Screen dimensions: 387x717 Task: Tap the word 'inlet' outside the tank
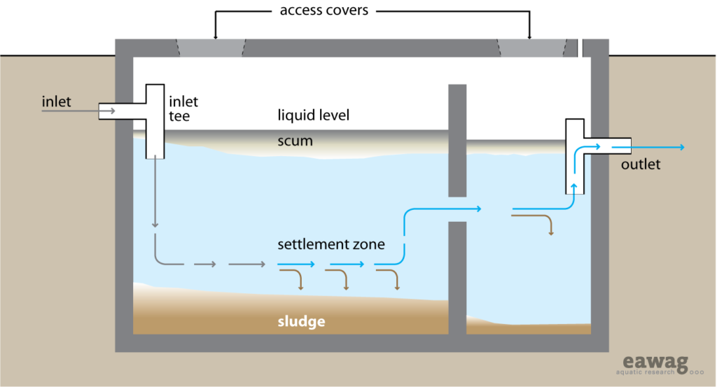click(56, 101)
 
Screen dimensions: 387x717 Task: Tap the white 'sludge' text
click(302, 322)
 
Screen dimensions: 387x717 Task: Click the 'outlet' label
click(640, 165)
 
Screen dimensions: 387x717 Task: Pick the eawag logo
click(655, 365)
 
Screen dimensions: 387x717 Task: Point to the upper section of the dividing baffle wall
click(457, 140)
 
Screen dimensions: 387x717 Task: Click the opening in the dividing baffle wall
click(457, 209)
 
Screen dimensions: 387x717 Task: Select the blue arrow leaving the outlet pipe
click(658, 147)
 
